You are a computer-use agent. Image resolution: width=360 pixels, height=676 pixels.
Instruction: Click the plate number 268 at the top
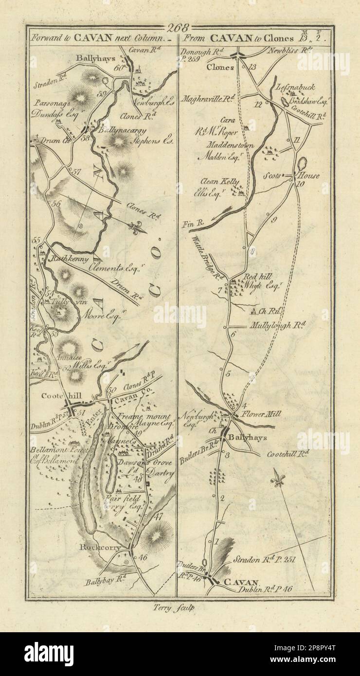click(x=180, y=28)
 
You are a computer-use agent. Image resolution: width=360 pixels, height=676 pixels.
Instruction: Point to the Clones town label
click(x=219, y=68)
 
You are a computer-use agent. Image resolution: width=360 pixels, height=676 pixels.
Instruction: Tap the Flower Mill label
click(x=257, y=414)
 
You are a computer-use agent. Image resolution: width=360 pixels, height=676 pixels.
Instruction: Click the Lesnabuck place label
click(x=295, y=88)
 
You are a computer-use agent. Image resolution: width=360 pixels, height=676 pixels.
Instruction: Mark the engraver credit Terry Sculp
click(x=180, y=606)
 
